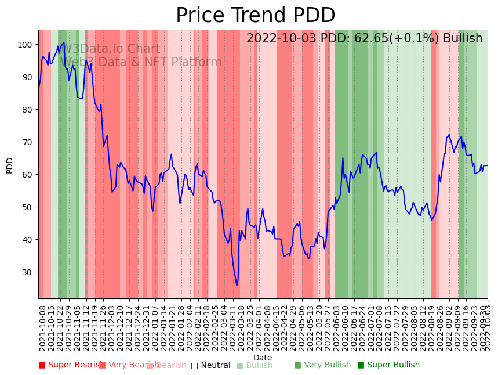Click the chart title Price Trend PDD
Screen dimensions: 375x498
[x=255, y=16]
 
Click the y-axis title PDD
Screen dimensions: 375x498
[x=9, y=165]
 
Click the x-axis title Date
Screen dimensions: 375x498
[x=263, y=358]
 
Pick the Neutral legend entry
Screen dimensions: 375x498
[x=210, y=365]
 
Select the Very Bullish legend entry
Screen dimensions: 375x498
[x=322, y=365]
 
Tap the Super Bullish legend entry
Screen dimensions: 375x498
[x=388, y=365]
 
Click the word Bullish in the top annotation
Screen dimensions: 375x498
[x=463, y=39]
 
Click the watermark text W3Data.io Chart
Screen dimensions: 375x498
[x=110, y=49]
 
